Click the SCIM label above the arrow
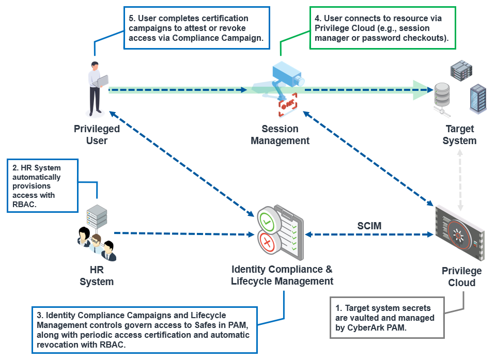(369, 226)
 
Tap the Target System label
(459, 135)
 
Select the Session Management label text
(280, 134)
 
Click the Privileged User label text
(97, 134)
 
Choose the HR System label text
(97, 276)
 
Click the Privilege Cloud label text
(461, 276)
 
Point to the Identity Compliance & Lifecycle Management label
(282, 275)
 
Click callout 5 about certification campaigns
(197, 28)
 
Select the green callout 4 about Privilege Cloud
(382, 28)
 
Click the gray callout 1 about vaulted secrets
(387, 318)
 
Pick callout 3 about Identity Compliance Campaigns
(144, 330)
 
